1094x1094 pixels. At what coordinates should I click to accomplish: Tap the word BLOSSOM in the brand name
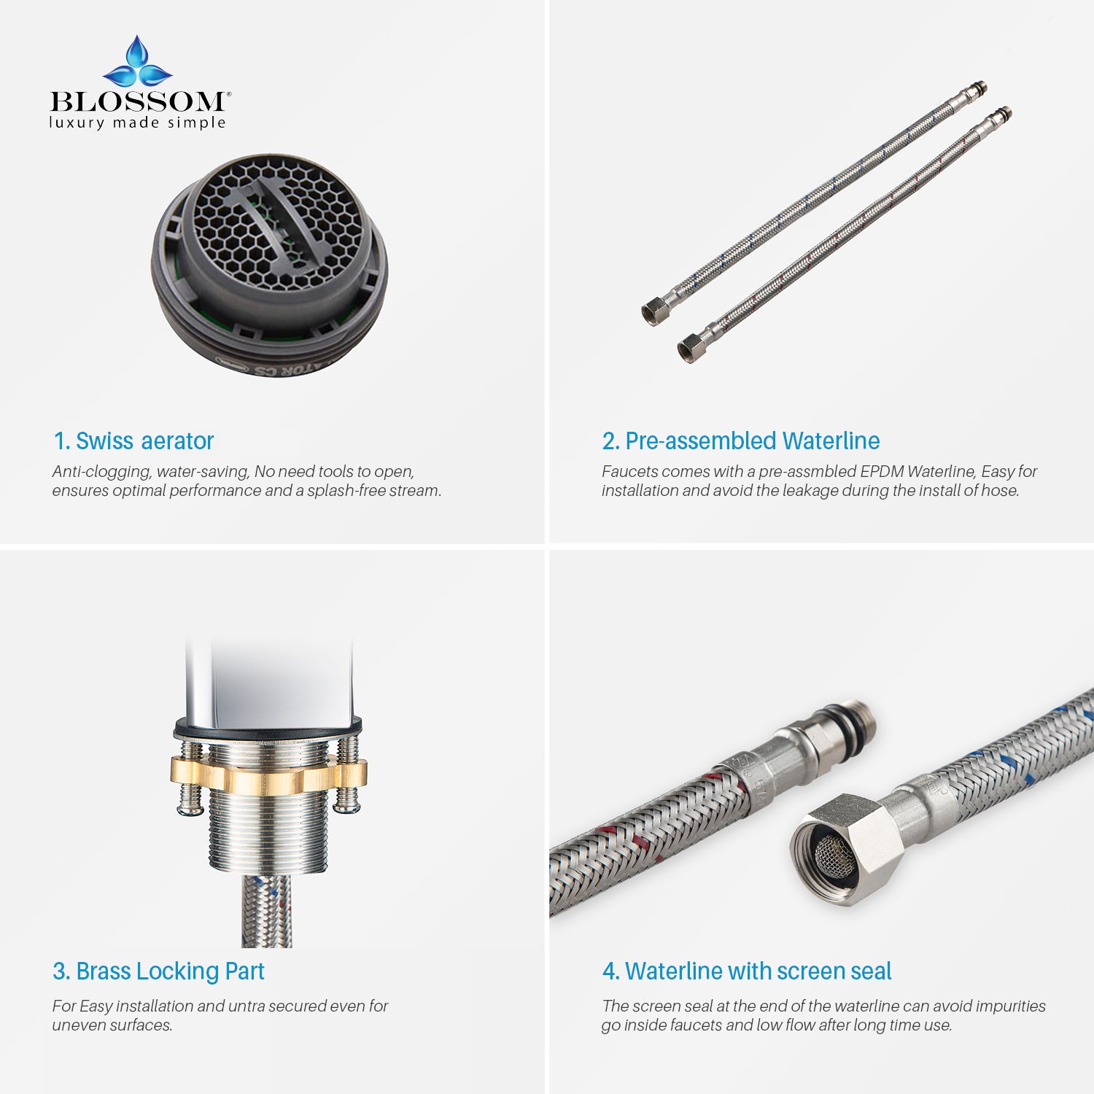pyautogui.click(x=137, y=101)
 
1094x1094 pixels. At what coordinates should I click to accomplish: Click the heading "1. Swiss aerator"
pyautogui.click(x=133, y=441)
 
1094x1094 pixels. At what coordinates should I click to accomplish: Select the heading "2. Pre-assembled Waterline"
pyautogui.click(x=740, y=441)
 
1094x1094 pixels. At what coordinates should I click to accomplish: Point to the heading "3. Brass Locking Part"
pyautogui.click(x=158, y=971)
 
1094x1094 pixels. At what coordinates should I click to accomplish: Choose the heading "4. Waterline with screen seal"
pyautogui.click(x=746, y=971)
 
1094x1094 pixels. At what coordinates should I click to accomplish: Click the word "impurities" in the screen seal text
pyautogui.click(x=1010, y=1006)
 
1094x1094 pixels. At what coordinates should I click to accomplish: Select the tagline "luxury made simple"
pyautogui.click(x=137, y=123)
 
